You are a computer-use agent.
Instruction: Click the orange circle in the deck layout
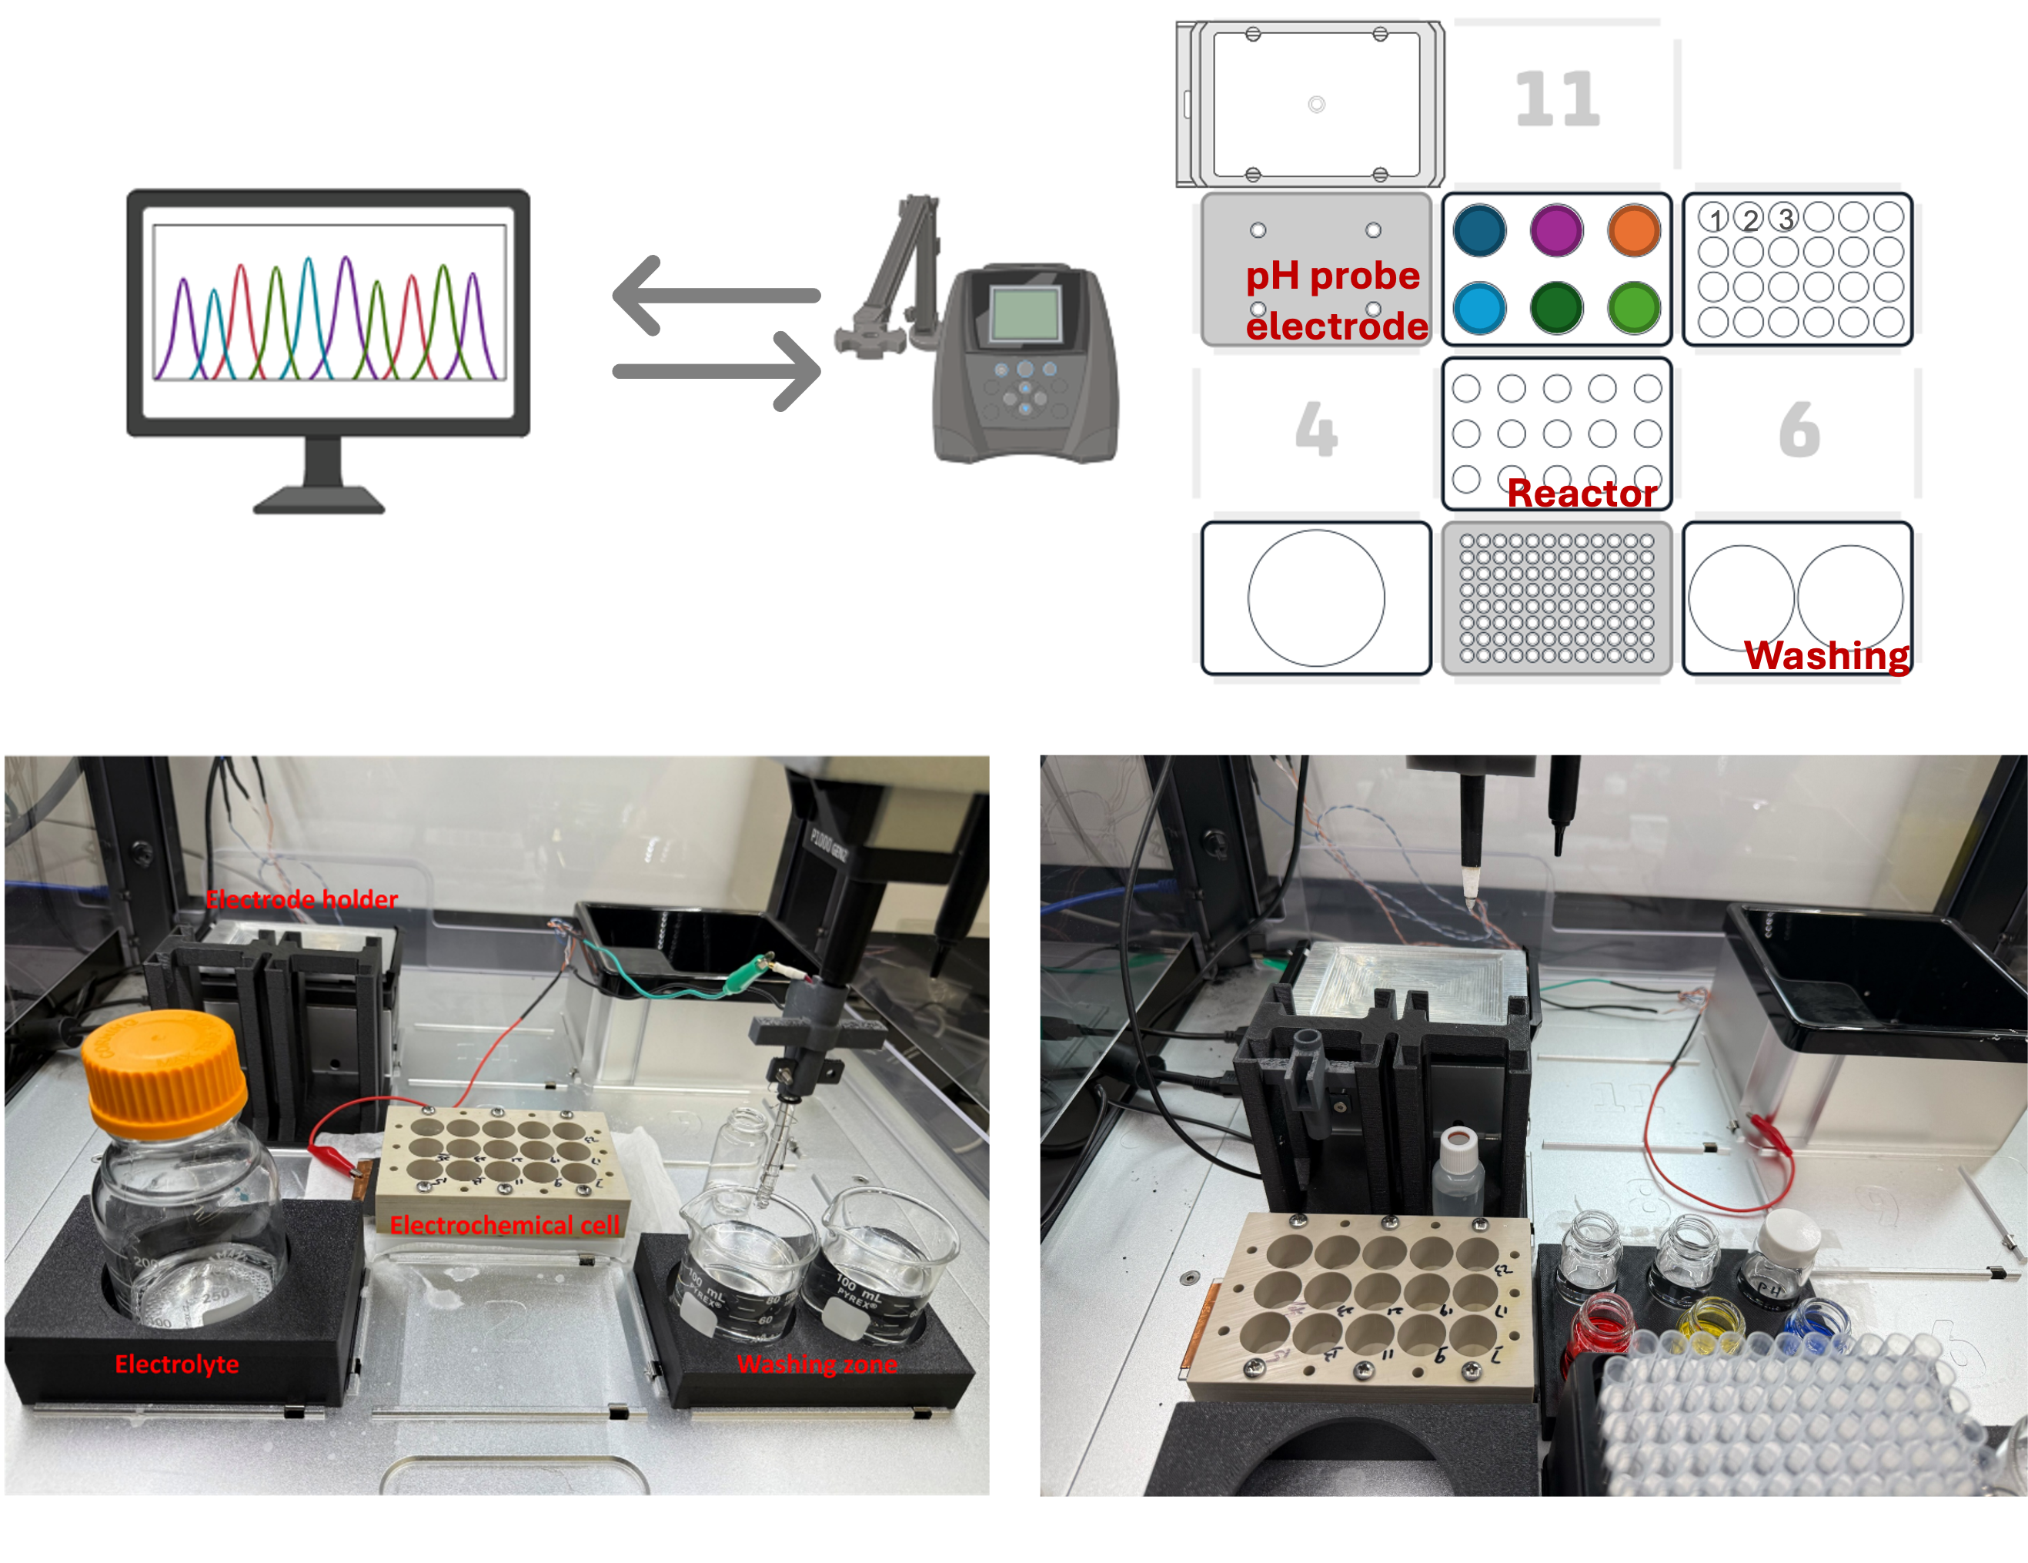click(x=1633, y=230)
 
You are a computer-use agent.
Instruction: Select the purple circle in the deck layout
click(x=1556, y=230)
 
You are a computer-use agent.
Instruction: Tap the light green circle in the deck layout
click(x=1633, y=307)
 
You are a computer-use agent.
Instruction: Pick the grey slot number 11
click(x=1557, y=99)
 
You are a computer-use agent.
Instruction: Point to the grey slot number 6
click(x=1799, y=429)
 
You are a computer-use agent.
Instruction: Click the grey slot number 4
click(x=1316, y=429)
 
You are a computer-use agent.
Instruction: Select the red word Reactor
click(x=1582, y=493)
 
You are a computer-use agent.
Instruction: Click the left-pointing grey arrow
click(x=715, y=296)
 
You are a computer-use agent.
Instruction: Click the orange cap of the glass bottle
click(x=163, y=1073)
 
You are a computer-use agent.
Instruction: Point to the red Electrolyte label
click(x=176, y=1364)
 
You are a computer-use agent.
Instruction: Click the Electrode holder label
click(x=302, y=899)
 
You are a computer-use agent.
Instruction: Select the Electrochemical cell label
click(x=504, y=1225)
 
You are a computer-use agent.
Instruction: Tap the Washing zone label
click(x=817, y=1364)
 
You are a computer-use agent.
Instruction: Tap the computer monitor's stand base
click(x=319, y=501)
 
